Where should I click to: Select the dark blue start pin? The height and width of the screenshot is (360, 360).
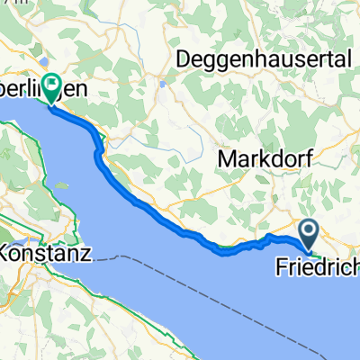pos(309,235)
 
